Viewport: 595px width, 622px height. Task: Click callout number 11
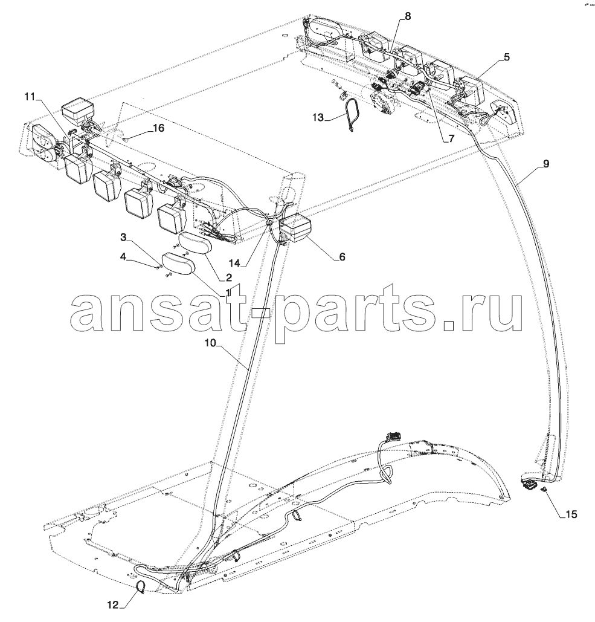click(30, 97)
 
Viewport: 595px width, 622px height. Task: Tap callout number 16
click(158, 128)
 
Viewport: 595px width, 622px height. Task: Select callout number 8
click(408, 17)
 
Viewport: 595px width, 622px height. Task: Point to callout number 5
click(507, 57)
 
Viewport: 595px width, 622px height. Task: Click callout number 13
click(318, 117)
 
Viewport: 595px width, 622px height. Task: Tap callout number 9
click(546, 163)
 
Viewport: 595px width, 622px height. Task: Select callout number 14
click(234, 262)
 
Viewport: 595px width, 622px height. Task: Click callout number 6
click(342, 257)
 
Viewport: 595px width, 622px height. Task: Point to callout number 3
click(123, 237)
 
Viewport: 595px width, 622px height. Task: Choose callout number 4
click(123, 257)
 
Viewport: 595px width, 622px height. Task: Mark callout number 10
click(210, 343)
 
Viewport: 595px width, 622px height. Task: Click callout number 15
click(571, 514)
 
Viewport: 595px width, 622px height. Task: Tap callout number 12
click(113, 605)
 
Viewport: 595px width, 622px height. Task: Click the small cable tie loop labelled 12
click(139, 586)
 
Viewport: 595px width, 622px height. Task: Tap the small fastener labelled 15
click(545, 490)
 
